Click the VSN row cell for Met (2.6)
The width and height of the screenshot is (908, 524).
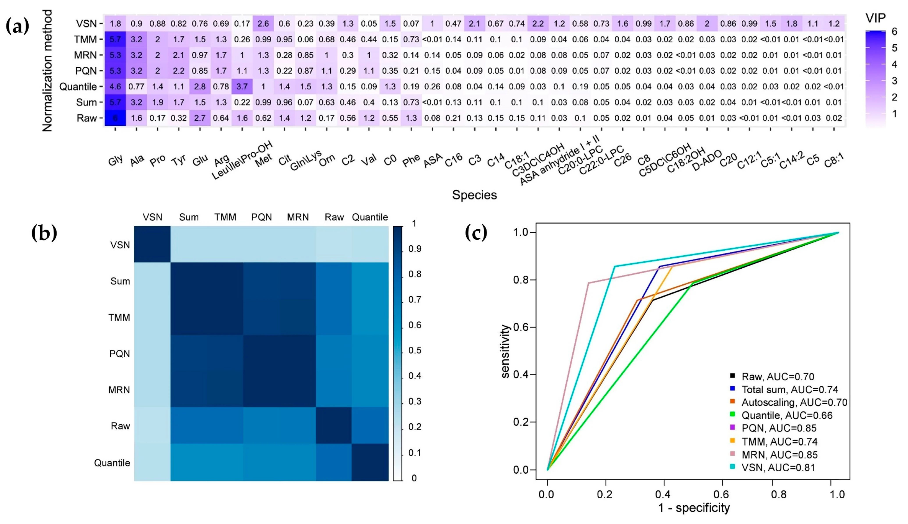click(263, 24)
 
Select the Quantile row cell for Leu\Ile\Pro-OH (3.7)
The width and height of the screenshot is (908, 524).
click(242, 87)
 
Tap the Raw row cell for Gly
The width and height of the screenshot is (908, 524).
click(115, 118)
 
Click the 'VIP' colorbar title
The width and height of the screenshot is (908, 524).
click(875, 17)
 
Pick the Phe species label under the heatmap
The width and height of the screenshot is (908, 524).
click(411, 160)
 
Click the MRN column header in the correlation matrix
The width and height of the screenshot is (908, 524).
click(297, 217)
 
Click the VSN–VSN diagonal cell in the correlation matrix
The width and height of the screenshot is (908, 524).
click(152, 244)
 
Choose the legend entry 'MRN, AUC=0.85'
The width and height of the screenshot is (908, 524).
click(779, 454)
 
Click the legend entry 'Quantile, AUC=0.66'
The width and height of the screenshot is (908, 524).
click(787, 415)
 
